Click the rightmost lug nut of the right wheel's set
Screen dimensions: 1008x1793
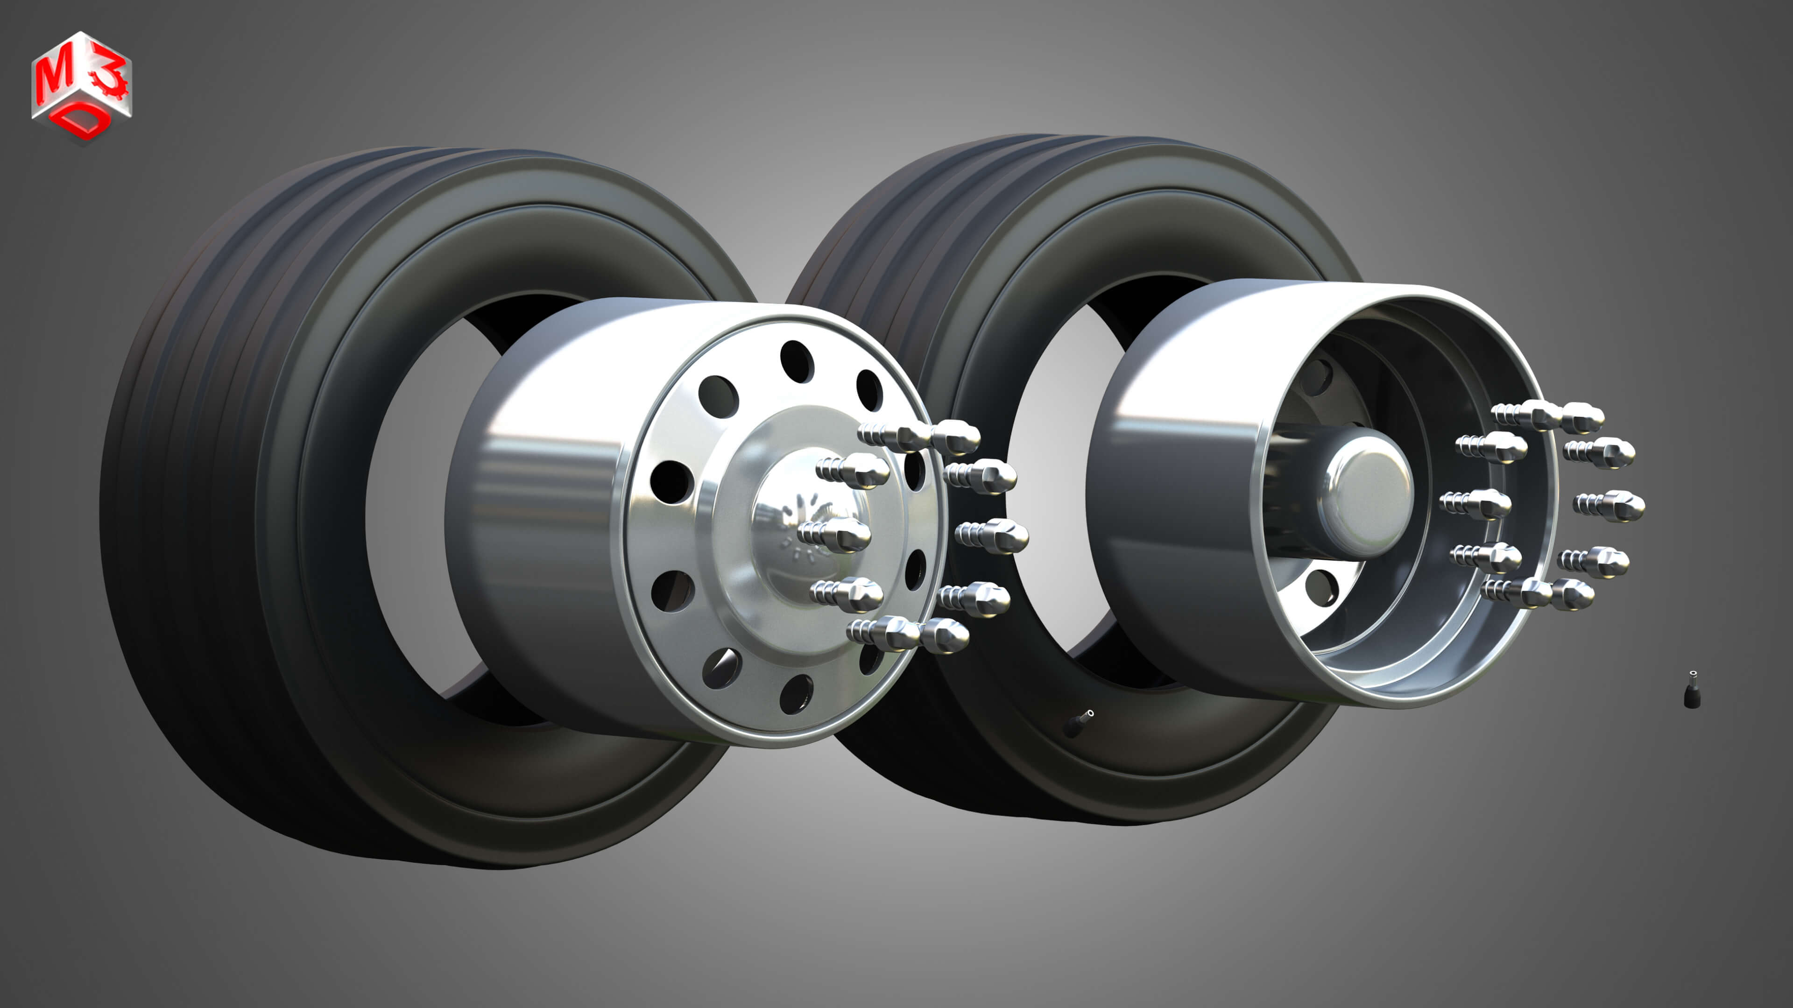pyautogui.click(x=1622, y=506)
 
